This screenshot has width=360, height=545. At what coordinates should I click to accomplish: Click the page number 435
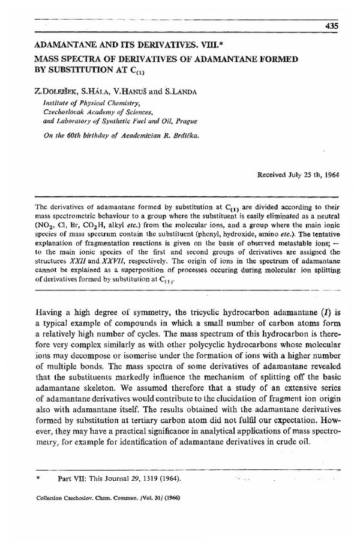point(332,25)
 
